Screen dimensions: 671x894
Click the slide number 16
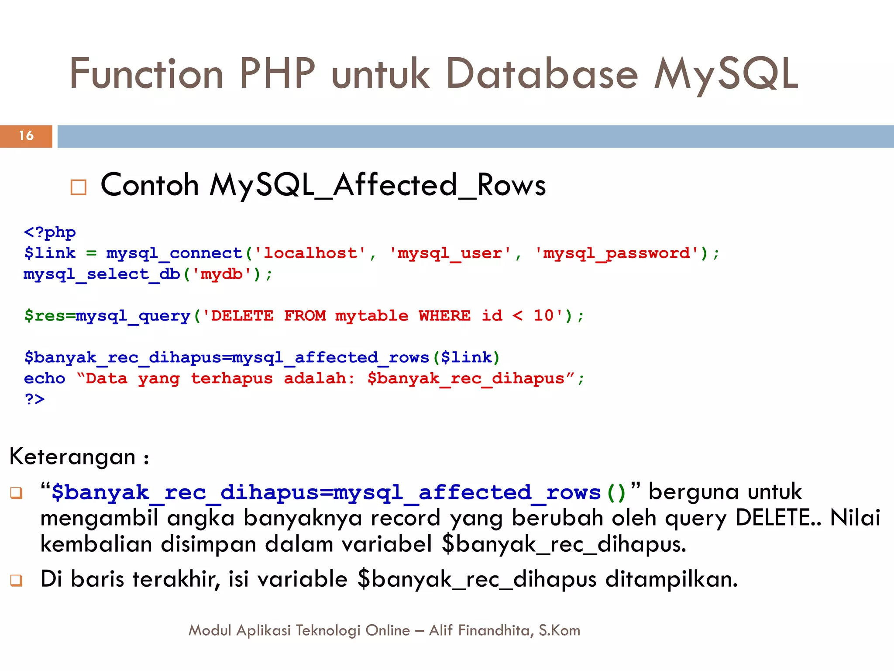click(x=26, y=136)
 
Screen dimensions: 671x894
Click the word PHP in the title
click(x=277, y=74)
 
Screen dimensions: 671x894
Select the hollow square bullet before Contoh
click(x=79, y=187)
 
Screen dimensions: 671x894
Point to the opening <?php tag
click(x=50, y=232)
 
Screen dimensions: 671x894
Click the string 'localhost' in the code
click(x=310, y=253)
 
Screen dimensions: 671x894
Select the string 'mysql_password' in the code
click(x=616, y=253)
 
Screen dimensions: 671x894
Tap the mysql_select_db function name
click(x=102, y=274)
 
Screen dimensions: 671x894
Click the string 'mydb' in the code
click(x=222, y=274)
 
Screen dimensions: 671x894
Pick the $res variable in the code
click(x=44, y=316)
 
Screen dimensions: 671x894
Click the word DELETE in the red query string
click(x=242, y=316)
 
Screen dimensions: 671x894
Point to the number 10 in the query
click(x=543, y=315)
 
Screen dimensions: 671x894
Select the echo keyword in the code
click(x=45, y=379)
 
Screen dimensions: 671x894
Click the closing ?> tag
click(x=35, y=399)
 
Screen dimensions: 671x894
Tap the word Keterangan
click(x=72, y=457)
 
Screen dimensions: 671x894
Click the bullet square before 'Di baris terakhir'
click(x=16, y=581)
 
